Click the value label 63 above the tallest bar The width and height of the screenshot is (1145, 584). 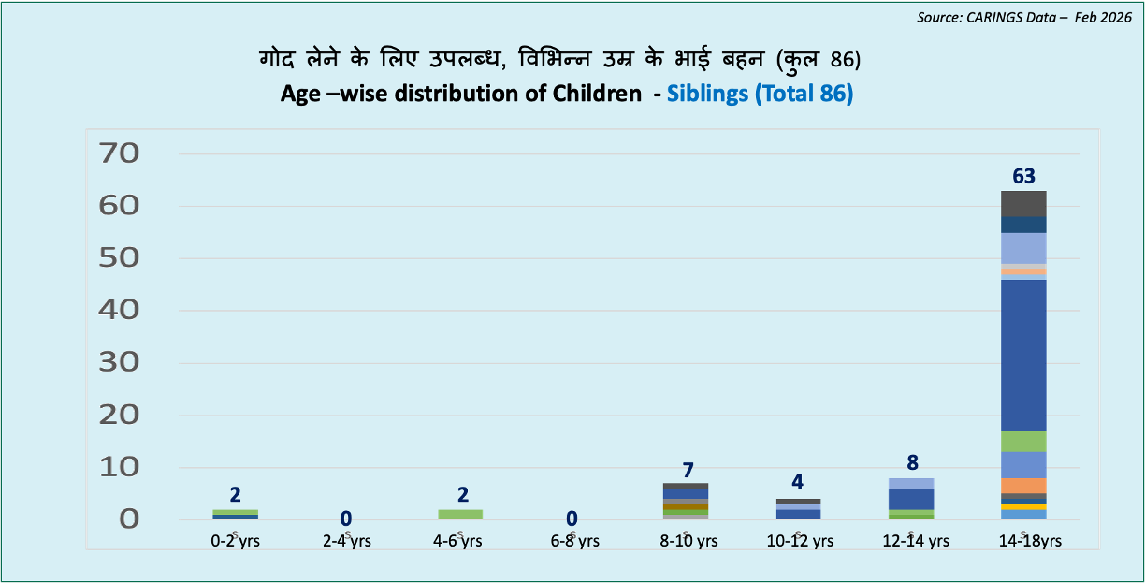[x=1022, y=176]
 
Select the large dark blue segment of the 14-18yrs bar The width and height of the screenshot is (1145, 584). [x=1023, y=356]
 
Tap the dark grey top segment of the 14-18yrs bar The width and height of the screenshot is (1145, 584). [x=1023, y=203]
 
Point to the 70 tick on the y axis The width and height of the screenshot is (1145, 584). [x=126, y=153]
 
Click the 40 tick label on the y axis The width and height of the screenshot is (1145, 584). [x=126, y=310]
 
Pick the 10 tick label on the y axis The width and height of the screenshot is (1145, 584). [x=126, y=467]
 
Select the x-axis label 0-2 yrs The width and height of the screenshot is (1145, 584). [x=236, y=541]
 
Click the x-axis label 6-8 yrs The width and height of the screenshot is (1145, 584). [x=573, y=541]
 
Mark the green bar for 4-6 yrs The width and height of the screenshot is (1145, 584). [x=460, y=514]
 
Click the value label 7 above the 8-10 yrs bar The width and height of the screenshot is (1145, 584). [x=687, y=470]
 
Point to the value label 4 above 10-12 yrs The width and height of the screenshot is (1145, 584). [x=798, y=483]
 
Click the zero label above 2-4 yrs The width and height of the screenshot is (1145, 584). [x=346, y=518]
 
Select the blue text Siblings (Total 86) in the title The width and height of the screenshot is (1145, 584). [x=760, y=95]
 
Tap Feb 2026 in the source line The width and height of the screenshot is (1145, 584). [x=1094, y=18]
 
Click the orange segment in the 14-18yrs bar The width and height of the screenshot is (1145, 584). [x=1023, y=486]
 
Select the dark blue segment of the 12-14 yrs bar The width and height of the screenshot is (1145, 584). [x=911, y=499]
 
